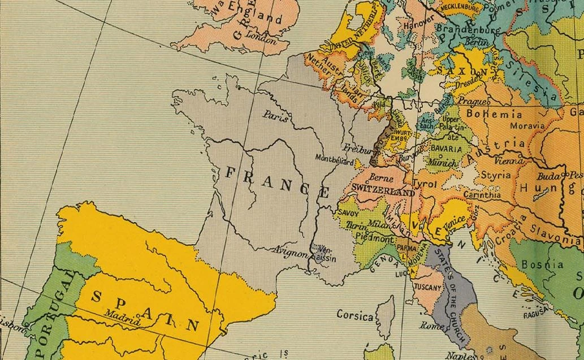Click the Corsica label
[354, 315]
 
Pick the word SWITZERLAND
[383, 192]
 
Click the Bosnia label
[542, 264]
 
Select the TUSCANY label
[428, 288]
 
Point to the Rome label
[432, 326]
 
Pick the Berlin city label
[478, 43]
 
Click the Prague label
[469, 101]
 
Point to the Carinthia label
[482, 194]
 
